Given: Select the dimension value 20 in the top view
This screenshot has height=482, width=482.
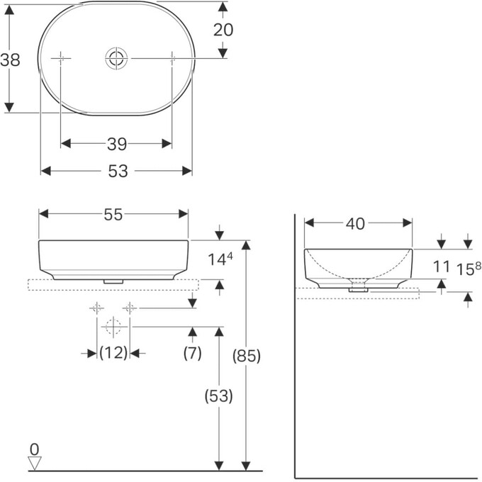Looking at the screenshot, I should (223, 30).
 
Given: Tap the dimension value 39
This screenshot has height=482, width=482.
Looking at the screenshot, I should (117, 144).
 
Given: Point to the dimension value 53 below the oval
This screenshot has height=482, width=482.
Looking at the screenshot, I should (118, 171).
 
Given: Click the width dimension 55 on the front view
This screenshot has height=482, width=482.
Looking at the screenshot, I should (113, 215).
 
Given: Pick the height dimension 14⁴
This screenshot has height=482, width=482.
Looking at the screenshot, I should (220, 259).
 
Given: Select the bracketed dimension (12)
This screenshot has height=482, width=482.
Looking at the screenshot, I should (113, 352).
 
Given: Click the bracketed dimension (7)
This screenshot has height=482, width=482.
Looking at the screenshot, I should (192, 352).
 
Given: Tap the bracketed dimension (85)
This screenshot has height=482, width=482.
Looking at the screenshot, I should (247, 357).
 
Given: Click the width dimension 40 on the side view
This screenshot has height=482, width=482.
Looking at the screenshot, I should (355, 223).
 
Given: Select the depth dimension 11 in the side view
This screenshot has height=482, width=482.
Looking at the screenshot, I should (442, 267).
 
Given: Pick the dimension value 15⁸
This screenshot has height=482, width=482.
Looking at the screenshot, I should (468, 269).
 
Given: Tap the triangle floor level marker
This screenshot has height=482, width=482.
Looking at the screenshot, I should (35, 463).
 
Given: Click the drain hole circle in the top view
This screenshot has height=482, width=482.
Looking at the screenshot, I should (116, 58).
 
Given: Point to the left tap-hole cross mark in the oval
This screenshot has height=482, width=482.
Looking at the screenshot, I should (61, 58).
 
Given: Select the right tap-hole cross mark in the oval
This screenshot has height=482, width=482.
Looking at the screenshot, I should (172, 58).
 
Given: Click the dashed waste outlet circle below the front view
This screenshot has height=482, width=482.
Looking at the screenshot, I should (112, 327).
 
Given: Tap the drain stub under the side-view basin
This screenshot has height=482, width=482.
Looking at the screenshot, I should (359, 288).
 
